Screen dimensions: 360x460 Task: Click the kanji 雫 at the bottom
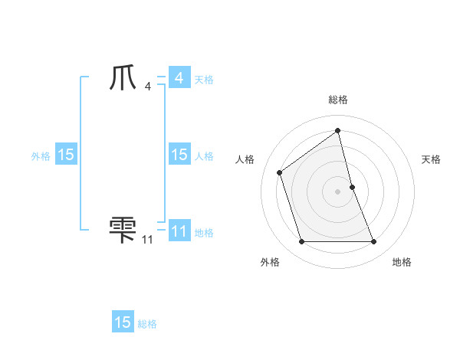[x=123, y=230]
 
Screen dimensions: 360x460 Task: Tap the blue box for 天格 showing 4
[x=179, y=78]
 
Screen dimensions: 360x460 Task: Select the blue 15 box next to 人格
[x=179, y=155]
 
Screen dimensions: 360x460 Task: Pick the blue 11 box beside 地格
[x=179, y=231]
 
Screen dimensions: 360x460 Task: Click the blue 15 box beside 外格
[x=66, y=155]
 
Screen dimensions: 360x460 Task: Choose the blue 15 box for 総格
[x=123, y=322]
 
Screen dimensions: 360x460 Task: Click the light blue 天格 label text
[x=204, y=80]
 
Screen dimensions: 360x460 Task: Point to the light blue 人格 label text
[x=204, y=156]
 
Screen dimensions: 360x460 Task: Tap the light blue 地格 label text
[x=204, y=233]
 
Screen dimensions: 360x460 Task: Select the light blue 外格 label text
[x=41, y=156]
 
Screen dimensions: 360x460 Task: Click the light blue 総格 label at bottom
[x=147, y=324]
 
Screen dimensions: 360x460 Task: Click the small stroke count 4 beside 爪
[x=148, y=87]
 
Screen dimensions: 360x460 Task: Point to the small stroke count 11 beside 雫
[x=147, y=240]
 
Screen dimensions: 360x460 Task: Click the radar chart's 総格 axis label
[x=338, y=100]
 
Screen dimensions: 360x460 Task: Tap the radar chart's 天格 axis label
[x=431, y=159]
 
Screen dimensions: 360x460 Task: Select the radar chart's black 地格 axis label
[x=402, y=262]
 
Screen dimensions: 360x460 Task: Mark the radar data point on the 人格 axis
[x=280, y=172]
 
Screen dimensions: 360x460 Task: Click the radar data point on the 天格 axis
[x=352, y=186]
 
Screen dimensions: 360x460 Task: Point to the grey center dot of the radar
[x=338, y=191]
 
